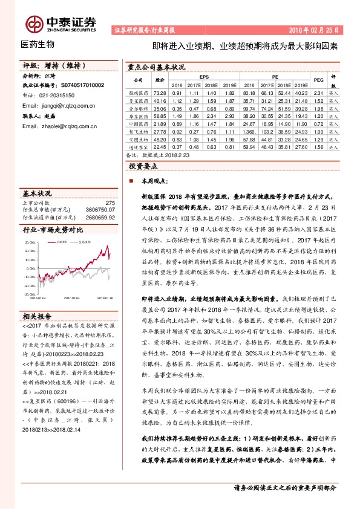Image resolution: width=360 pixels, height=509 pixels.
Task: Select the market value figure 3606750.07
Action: click(100, 209)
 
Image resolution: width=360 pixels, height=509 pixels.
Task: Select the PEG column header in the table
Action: click(318, 80)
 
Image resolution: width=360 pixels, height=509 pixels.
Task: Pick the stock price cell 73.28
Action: click(160, 92)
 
